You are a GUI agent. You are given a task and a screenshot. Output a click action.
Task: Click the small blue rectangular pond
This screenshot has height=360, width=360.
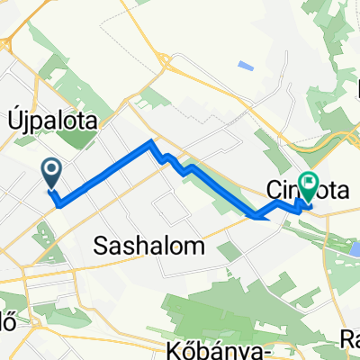click(246, 66)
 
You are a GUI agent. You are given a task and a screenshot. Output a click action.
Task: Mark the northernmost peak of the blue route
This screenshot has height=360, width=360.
click(151, 142)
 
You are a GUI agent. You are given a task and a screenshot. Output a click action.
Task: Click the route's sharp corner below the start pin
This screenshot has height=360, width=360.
click(59, 203)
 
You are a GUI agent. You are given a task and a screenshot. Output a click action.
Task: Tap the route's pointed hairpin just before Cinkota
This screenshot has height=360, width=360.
click(258, 216)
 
